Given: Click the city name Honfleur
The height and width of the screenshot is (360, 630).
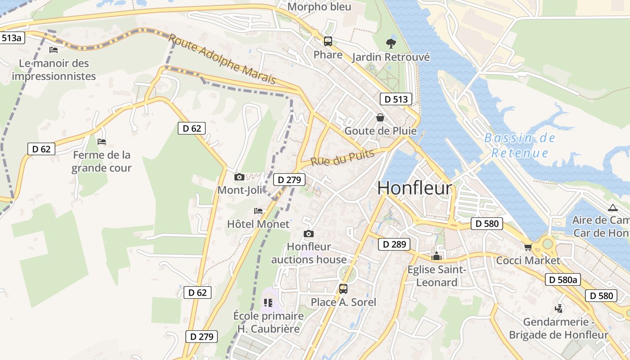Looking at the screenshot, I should point(414,188).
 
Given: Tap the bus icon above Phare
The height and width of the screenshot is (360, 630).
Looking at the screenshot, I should point(328,41).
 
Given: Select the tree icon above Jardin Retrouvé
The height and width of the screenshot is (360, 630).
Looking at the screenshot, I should point(391,43).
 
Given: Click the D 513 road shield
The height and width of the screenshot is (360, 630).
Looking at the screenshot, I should point(396,99).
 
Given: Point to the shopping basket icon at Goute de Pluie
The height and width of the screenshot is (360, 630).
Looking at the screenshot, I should point(380,118).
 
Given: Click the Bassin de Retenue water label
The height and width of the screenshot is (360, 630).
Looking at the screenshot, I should point(520,145).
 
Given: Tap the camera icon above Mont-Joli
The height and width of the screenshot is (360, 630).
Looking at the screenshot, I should point(239,177).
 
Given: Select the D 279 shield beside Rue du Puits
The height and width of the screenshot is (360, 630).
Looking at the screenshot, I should point(289,180).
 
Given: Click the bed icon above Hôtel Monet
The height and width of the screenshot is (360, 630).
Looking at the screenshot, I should point(258,211).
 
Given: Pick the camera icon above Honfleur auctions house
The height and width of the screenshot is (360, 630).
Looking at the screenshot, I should point(309,234).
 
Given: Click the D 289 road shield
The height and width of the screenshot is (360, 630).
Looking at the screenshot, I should point(394,244).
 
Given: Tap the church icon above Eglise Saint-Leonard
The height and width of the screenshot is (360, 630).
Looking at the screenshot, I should point(436,257).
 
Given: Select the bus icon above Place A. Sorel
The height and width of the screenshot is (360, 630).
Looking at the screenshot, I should point(343,289).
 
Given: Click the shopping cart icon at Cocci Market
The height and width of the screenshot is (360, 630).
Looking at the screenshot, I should point(528,247).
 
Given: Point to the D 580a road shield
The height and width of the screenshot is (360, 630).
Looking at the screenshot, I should point(563,279).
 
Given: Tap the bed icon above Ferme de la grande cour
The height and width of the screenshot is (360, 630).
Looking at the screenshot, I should point(102,142).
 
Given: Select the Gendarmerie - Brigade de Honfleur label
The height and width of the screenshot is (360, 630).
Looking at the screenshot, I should point(558,328).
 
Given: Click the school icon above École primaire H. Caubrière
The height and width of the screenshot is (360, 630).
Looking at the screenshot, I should point(268,303).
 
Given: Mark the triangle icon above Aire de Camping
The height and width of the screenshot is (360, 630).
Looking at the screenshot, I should point(612,208).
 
